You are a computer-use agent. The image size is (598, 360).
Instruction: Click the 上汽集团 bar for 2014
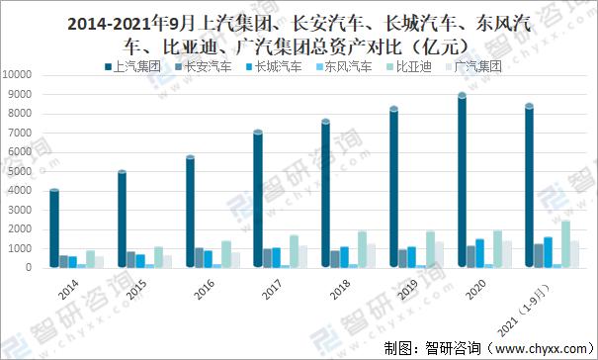54,228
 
